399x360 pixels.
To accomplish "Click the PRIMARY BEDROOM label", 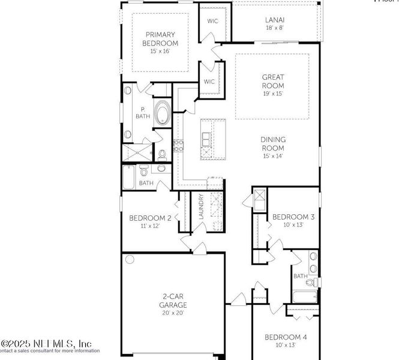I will pyautogui.click(x=160, y=39).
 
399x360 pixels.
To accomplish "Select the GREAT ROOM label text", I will pyautogui.click(x=272, y=81).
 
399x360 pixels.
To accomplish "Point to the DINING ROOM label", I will pyautogui.click(x=272, y=143).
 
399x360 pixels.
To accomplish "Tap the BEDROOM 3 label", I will pyautogui.click(x=293, y=217).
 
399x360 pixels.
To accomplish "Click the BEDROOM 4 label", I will pyautogui.click(x=286, y=338).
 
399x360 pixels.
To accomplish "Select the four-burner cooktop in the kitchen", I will pyautogui.click(x=178, y=145).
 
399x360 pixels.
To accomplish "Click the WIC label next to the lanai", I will pyautogui.click(x=212, y=21).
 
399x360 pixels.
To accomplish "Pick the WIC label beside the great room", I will pyautogui.click(x=209, y=82).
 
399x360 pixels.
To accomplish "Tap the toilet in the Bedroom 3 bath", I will pyautogui.click(x=310, y=281).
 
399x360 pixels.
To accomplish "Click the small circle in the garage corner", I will pyautogui.click(x=129, y=260).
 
